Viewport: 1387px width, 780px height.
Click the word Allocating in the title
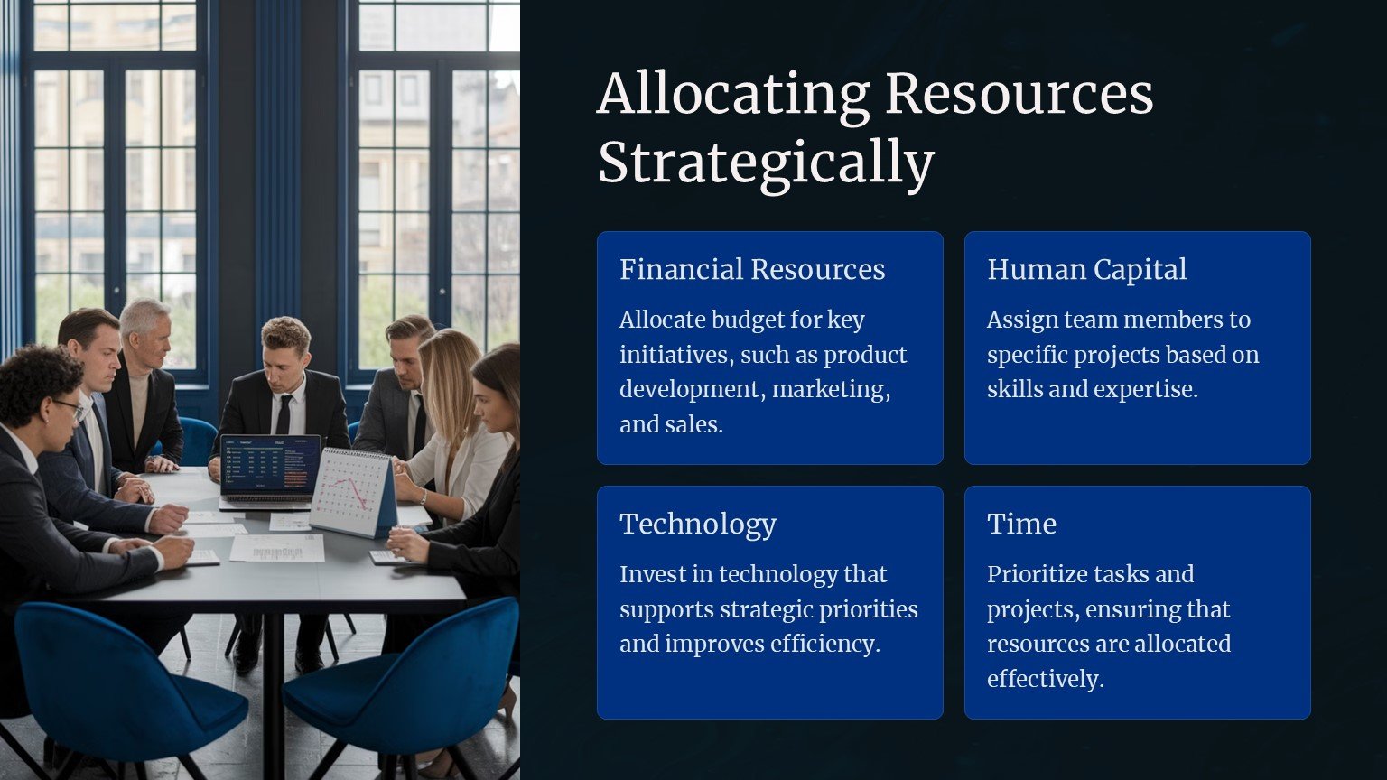734,95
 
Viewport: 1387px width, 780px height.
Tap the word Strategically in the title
766,163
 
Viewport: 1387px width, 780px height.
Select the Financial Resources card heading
752,269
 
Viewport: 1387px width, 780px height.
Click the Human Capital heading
1086,269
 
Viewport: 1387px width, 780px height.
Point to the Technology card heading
698,525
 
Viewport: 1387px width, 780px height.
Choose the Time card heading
1021,524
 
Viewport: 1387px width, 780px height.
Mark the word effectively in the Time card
1045,679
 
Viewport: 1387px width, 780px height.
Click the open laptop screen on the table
271,467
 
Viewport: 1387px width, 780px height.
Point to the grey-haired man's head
146,333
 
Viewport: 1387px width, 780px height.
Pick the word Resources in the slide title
1019,95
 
